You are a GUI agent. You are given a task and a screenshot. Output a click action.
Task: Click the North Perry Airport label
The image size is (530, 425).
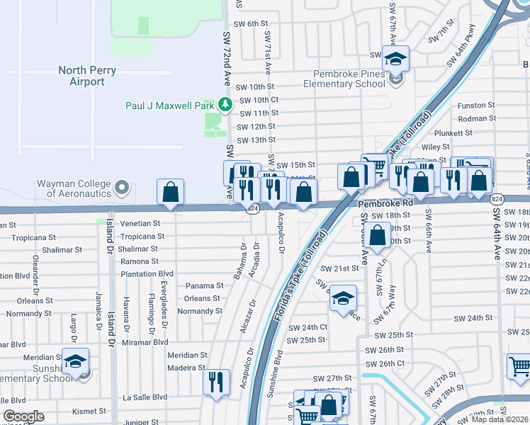[x=91, y=76]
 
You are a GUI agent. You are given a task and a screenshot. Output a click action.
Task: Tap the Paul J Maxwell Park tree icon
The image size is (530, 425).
[x=225, y=105]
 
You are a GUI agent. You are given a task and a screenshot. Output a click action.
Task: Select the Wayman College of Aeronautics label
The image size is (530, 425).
[x=74, y=188]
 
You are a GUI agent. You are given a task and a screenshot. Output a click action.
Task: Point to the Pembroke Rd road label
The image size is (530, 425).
[x=385, y=204]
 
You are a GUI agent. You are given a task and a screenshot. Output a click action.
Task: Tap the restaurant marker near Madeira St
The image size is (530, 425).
[x=216, y=381]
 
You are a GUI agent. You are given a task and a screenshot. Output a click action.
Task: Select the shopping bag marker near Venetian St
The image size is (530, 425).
[x=171, y=191]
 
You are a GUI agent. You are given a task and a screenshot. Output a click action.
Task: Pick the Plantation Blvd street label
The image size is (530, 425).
[x=147, y=273]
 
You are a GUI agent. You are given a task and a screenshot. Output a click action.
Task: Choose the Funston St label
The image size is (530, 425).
[x=476, y=105]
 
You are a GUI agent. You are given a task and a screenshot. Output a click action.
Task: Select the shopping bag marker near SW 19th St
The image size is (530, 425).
[x=378, y=233]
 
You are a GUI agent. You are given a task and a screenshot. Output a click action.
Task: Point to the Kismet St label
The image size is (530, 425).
[x=89, y=411]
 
